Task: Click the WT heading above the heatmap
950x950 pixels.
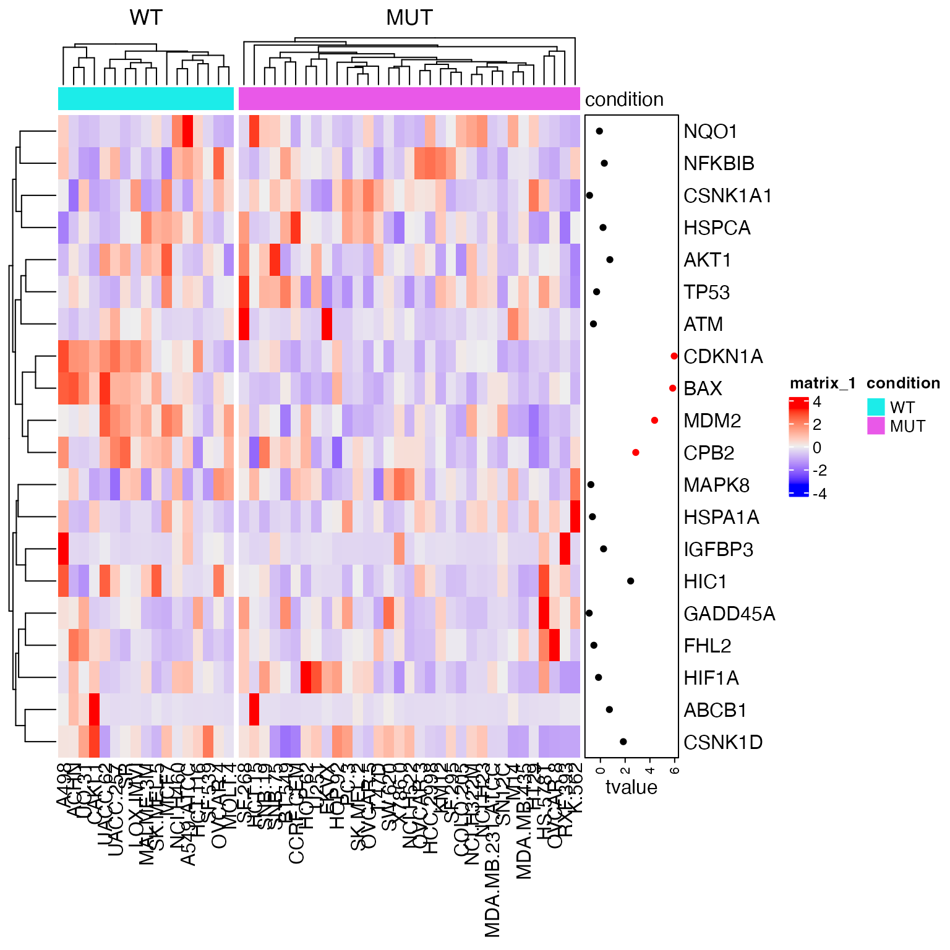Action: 146,18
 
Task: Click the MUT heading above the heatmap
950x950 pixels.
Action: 409,18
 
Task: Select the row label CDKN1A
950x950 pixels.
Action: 723,357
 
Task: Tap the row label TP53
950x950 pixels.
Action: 706,293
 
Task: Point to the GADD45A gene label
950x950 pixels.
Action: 729,614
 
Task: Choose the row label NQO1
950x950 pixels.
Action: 710,132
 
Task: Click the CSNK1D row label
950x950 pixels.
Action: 723,742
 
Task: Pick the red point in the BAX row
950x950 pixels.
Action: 672,388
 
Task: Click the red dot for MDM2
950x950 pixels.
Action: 654,421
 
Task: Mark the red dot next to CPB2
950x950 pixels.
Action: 635,453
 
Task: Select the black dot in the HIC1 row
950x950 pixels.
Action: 630,581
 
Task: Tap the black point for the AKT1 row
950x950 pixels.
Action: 610,260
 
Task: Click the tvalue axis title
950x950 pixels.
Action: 631,787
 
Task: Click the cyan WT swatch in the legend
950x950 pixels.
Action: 876,407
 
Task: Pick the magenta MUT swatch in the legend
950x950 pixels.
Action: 876,426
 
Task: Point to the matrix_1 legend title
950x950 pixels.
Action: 823,383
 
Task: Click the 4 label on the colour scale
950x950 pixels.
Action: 817,402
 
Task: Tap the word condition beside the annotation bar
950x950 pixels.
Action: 624,100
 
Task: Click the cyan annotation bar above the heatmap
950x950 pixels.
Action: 146,99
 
